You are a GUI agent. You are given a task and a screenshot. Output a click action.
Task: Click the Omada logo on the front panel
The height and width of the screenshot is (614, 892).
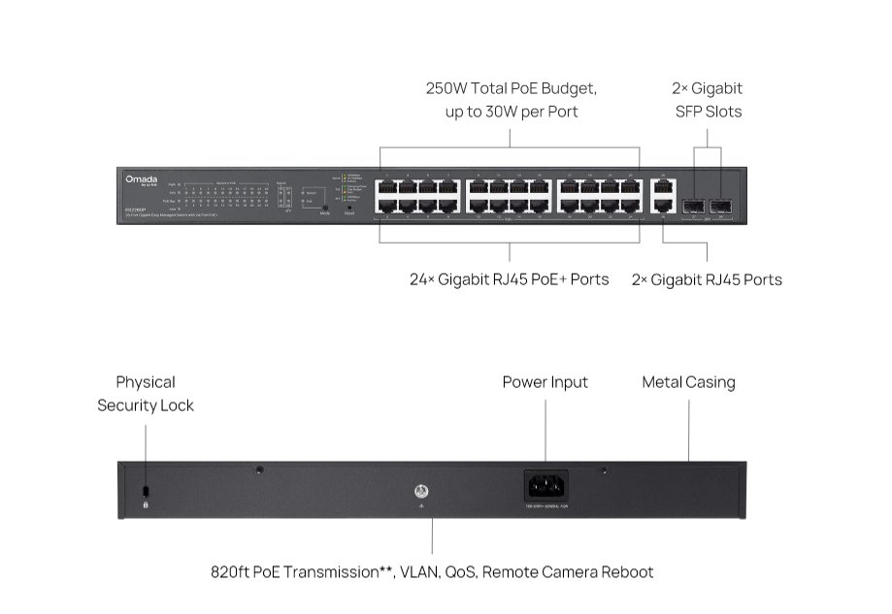[x=141, y=179]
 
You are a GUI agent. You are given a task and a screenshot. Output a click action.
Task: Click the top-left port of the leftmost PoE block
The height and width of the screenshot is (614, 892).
[x=387, y=187]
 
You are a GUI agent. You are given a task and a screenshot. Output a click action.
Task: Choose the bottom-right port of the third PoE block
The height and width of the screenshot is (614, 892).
[x=630, y=207]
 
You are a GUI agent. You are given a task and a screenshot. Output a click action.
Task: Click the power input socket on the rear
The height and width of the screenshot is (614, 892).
[x=545, y=485]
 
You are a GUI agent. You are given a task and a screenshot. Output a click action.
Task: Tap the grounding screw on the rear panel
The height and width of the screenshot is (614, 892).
[x=422, y=490]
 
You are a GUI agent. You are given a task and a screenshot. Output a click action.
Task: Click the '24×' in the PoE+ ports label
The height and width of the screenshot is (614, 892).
[x=423, y=279]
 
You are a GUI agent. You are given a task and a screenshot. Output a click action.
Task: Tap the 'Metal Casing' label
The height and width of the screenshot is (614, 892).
[x=688, y=382]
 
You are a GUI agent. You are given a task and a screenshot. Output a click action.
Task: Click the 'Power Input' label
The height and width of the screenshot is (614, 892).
[x=545, y=382]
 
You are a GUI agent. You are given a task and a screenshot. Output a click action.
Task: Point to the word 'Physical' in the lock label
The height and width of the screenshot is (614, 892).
[x=146, y=382]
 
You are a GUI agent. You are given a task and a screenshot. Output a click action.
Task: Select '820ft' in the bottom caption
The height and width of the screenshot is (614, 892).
[x=230, y=572]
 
